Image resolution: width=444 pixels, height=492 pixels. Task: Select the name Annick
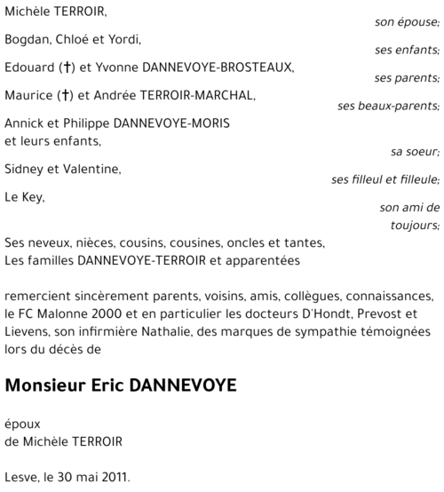tap(24, 123)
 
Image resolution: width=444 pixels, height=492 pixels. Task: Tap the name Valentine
tap(92, 169)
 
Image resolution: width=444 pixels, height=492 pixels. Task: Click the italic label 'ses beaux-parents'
tap(388, 106)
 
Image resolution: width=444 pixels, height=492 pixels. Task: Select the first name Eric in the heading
tap(115, 386)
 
